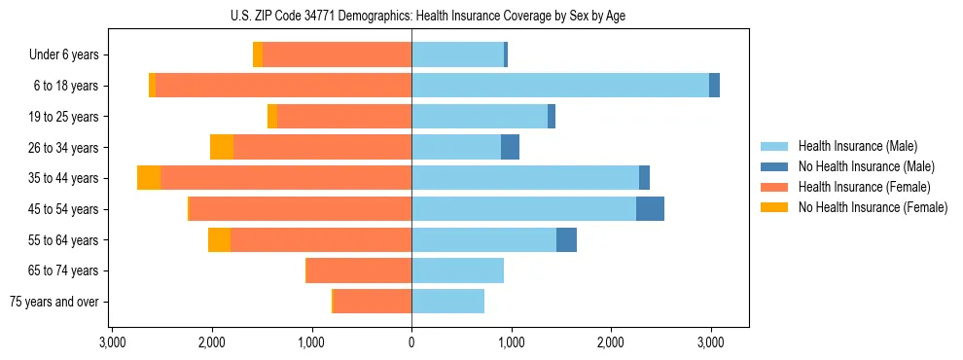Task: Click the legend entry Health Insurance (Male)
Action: coord(856,146)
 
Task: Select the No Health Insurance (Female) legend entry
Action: coord(873,207)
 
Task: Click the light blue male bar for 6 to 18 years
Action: coord(560,86)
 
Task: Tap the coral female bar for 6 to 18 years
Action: coord(283,86)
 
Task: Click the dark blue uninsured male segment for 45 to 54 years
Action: coord(650,209)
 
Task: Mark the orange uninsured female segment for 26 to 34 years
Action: coord(222,147)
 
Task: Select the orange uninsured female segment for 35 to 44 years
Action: coord(149,178)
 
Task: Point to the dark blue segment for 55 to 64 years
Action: coord(566,239)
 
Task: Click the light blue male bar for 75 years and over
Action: coord(447,302)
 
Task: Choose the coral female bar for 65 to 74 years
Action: coord(359,270)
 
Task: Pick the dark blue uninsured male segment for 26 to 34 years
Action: coord(510,147)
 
